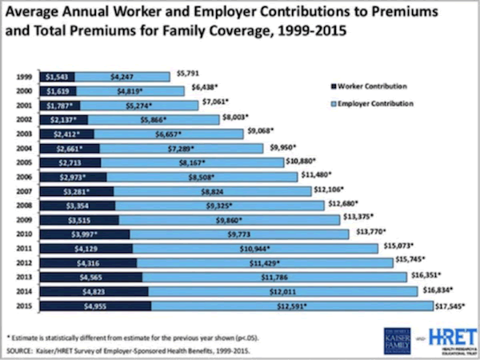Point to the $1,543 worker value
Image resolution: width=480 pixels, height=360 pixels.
[x=55, y=77]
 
